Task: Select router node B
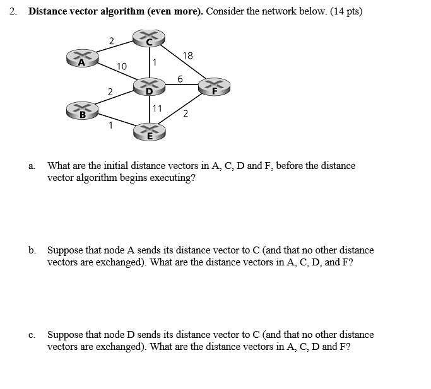pyautogui.click(x=82, y=112)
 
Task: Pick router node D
pyautogui.click(x=149, y=88)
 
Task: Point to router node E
pyautogui.click(x=150, y=131)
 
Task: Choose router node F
pyautogui.click(x=215, y=87)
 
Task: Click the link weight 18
pyautogui.click(x=187, y=56)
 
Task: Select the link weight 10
pyautogui.click(x=122, y=66)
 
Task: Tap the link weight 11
pyautogui.click(x=157, y=108)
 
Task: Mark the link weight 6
pyautogui.click(x=180, y=79)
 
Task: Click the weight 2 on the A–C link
pyautogui.click(x=112, y=41)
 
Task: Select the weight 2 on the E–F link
pyautogui.click(x=185, y=114)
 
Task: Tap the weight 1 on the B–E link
pyautogui.click(x=110, y=125)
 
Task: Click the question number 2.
pyautogui.click(x=13, y=11)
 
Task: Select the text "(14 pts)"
pyautogui.click(x=345, y=11)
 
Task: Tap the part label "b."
pyautogui.click(x=32, y=250)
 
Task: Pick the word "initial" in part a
pyautogui.click(x=101, y=166)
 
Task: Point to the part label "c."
pyautogui.click(x=32, y=335)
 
